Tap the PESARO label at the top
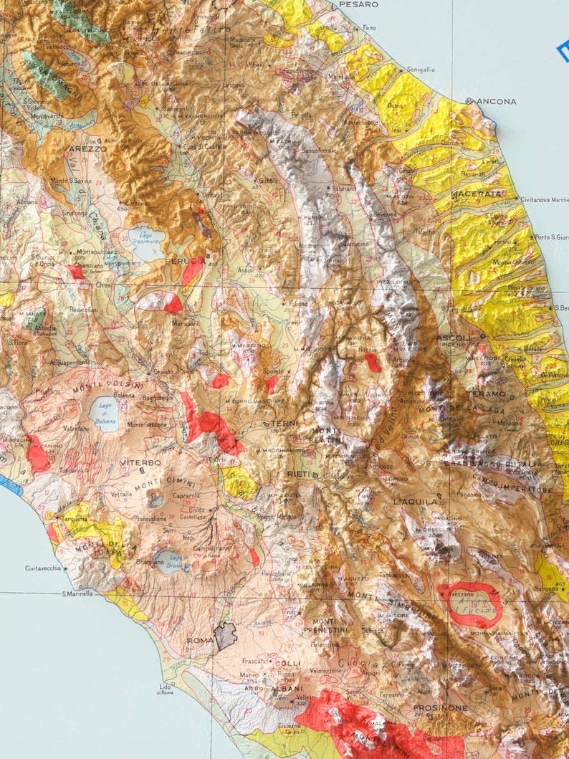coord(358,4)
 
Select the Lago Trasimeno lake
coord(147,243)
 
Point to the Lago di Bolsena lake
coord(105,413)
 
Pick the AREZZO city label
coord(87,149)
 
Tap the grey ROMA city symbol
coord(226,635)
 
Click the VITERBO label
coord(140,463)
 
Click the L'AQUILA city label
coord(415,502)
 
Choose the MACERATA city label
coord(476,194)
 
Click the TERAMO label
coord(486,394)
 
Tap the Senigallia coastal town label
coord(421,70)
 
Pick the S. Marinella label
coord(78,593)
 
